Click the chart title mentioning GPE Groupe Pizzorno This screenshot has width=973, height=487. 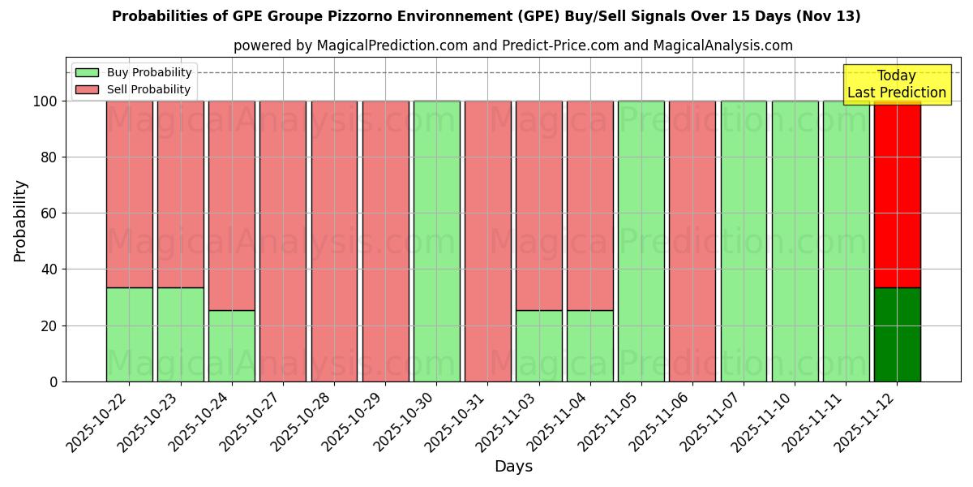coord(486,16)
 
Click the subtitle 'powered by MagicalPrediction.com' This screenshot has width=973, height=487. coord(512,45)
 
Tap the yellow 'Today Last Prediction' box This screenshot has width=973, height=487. coord(896,84)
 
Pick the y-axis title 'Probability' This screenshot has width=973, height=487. coord(20,221)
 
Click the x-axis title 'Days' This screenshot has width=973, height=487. coord(513,467)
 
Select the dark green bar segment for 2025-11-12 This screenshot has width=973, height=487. coord(897,334)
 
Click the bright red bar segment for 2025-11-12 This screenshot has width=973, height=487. coord(897,195)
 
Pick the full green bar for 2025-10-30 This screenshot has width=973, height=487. coord(436,241)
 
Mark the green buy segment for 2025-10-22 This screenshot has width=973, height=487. coord(129,334)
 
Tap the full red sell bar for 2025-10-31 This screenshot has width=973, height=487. coord(487,241)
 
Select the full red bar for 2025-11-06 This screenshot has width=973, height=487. coord(692,241)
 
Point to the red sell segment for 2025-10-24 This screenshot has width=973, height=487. coord(231,205)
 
